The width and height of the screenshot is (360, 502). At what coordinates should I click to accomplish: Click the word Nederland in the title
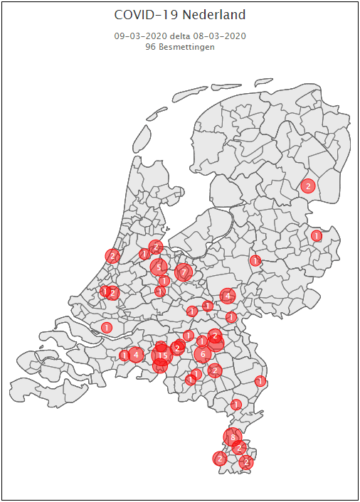tap(213, 15)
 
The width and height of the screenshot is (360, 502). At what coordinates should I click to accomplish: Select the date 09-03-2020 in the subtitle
tap(140, 36)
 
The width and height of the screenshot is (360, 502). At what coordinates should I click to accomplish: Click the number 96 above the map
tap(150, 46)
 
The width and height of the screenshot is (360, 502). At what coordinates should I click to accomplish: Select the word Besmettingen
tap(186, 46)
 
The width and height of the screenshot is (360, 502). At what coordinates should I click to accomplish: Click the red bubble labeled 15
tap(162, 355)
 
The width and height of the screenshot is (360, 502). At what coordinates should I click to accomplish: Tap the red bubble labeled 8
tap(233, 437)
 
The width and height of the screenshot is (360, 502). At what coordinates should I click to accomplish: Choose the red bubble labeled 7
tap(184, 272)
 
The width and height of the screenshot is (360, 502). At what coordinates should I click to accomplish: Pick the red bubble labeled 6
tap(203, 353)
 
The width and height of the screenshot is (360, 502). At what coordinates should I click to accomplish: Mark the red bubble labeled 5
tap(159, 267)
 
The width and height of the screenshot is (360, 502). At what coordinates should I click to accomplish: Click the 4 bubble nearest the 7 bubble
tap(228, 295)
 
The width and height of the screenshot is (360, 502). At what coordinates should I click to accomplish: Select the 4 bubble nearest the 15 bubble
tap(136, 353)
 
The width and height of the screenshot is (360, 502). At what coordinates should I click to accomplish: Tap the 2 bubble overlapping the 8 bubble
tap(240, 447)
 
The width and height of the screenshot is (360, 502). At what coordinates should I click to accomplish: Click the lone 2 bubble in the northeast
tap(308, 186)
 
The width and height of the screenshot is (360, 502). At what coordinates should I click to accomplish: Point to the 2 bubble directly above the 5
tap(157, 247)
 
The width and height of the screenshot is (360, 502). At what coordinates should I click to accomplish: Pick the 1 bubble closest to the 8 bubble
tap(236, 405)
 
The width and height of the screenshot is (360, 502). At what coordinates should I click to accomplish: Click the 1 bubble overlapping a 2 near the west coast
tap(105, 291)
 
